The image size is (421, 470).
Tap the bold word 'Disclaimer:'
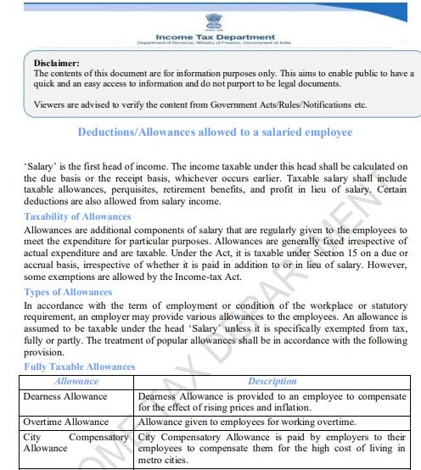(56, 63)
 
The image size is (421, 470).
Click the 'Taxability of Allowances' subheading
(77, 217)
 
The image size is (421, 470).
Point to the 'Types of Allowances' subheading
(68, 292)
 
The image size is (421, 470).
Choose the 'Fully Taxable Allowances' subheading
(79, 366)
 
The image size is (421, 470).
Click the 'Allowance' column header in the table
(76, 382)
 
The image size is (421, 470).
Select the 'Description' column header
(272, 382)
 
